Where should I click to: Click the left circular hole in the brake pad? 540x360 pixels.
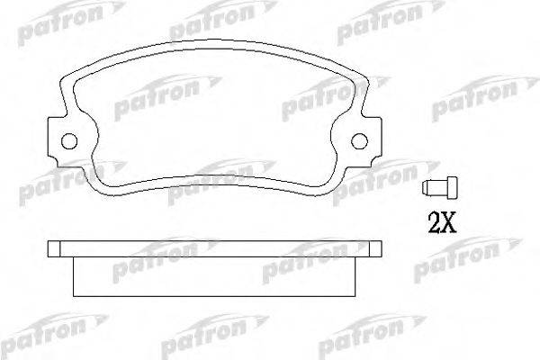click(x=69, y=141)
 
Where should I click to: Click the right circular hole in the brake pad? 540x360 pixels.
click(x=359, y=141)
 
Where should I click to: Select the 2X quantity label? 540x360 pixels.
click(x=442, y=222)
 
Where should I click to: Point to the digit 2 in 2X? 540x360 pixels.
click(x=435, y=222)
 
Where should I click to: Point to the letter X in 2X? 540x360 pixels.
click(x=449, y=222)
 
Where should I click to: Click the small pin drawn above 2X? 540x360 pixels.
click(x=440, y=188)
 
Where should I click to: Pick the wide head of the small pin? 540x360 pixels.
click(x=453, y=188)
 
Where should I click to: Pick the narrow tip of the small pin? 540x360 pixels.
click(x=426, y=188)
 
